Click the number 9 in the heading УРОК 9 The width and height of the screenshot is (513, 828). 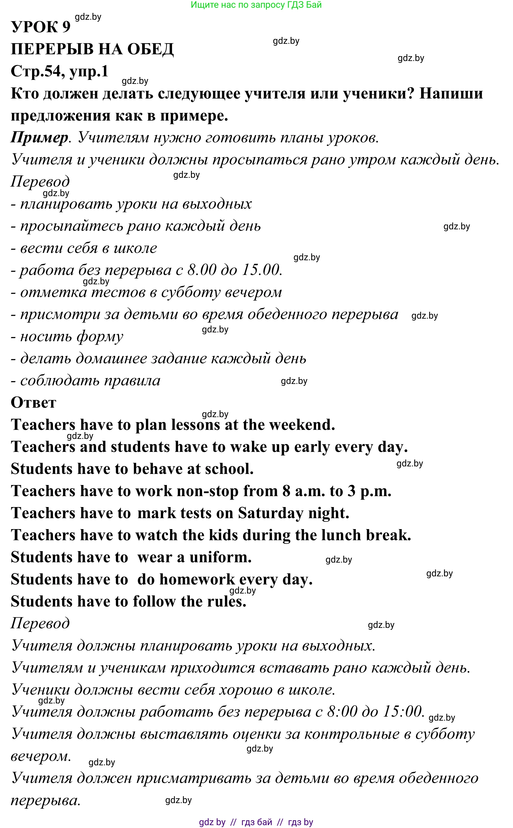66,27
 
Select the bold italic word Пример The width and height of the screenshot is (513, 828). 39,137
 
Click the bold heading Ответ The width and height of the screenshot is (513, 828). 33,403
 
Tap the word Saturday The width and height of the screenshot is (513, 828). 271,513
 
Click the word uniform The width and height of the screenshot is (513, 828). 220,557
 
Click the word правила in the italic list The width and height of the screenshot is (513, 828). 132,381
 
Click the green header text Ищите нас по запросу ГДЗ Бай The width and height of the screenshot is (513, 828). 256,5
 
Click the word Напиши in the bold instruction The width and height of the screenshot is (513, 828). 451,93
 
